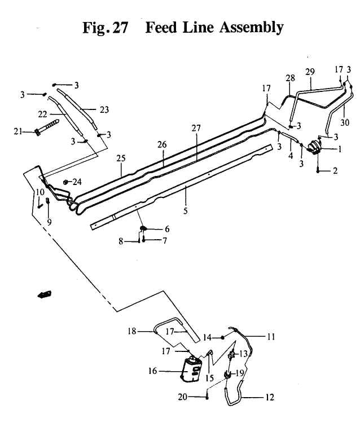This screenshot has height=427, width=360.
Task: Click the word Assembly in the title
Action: pos(251,28)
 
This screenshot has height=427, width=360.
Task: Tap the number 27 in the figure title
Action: pos(120,27)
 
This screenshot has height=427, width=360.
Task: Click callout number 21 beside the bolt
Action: pos(17,132)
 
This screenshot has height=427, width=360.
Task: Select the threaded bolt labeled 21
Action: pos(47,127)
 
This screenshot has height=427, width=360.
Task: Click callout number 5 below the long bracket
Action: pos(186,211)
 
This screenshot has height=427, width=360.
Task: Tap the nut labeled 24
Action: pos(65,182)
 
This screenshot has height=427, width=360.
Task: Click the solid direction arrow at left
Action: pos(44,294)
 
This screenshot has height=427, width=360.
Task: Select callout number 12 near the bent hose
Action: pos(269,397)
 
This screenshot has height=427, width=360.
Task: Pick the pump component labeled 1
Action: pos(314,148)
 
